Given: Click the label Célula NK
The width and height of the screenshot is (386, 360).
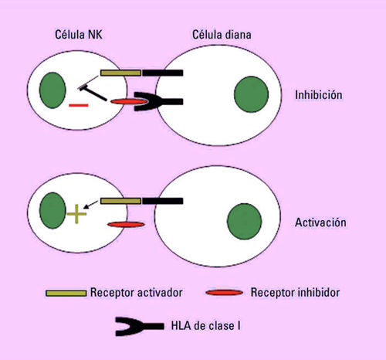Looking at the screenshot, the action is (79, 35).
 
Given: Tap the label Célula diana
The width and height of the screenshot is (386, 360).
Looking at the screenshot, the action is (222, 35).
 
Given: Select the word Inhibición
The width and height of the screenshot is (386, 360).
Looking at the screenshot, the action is (319, 95).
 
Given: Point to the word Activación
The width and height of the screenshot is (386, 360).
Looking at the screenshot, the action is (320, 222).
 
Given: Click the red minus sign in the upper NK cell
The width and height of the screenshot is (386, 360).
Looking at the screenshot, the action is (79, 105).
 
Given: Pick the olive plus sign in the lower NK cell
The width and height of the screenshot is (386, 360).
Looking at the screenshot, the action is (76, 214).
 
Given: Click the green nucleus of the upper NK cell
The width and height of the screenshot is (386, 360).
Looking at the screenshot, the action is (52, 90).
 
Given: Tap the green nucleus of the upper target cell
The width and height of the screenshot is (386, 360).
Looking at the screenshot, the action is (252, 94).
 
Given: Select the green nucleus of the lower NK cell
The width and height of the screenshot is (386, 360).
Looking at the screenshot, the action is (52, 211).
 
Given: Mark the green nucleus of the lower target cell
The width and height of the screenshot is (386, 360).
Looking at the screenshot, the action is (244, 222).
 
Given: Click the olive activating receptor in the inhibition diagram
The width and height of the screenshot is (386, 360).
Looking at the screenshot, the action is (120, 73).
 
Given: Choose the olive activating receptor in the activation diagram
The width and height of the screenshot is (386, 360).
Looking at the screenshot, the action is (120, 201).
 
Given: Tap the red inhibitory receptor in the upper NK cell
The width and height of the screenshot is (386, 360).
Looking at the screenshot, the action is (130, 102).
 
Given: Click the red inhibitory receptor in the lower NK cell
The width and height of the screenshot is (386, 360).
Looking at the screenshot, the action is (126, 225).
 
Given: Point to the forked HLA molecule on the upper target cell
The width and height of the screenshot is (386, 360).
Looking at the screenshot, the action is (158, 101).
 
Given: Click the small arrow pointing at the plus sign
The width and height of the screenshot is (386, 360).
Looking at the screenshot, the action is (90, 205).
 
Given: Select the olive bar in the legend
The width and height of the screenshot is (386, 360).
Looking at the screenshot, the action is (66, 293).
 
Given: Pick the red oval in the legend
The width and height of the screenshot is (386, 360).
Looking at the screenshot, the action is (225, 293).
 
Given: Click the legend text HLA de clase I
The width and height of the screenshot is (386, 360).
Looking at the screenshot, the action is (206, 325).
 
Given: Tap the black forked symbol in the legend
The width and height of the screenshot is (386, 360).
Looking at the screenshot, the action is (139, 327).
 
